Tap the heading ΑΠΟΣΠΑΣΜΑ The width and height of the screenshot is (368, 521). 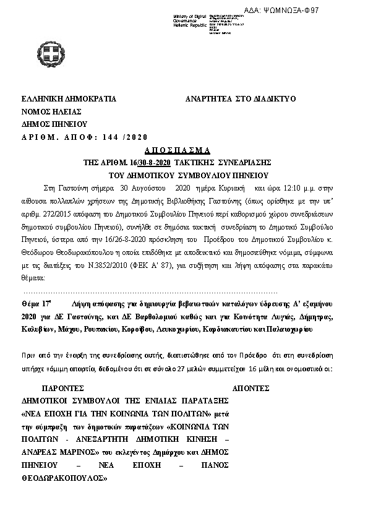[x=178, y=150]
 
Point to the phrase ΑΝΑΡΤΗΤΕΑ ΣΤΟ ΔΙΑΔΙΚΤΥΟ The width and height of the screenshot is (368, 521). [x=241, y=99]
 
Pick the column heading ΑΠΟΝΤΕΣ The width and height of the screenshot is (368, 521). [x=250, y=390]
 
